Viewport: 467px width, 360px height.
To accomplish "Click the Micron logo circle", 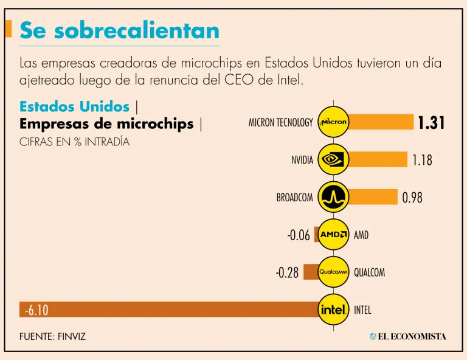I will tap(334, 122).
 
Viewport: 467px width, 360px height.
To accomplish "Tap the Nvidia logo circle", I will tap(334, 160).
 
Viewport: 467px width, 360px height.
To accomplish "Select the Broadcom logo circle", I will tap(334, 197).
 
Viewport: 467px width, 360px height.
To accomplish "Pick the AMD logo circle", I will tap(334, 235).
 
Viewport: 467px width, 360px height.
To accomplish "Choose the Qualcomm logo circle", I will tap(334, 272).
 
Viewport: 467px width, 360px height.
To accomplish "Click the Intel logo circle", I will tap(334, 310).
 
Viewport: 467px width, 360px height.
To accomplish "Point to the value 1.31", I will tap(431, 123).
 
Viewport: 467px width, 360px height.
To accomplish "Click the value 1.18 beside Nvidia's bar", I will tap(422, 161).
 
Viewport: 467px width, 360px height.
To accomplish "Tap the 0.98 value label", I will tap(412, 198).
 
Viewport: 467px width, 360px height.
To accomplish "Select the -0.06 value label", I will tap(299, 235).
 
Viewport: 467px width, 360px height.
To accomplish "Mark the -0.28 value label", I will tap(287, 272).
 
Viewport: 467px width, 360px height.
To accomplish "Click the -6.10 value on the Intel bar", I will tap(36, 310).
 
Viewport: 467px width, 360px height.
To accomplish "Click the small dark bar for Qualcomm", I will tap(311, 272).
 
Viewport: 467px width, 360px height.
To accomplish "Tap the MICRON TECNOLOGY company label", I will tap(280, 123).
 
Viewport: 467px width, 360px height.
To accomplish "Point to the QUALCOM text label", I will tap(369, 272).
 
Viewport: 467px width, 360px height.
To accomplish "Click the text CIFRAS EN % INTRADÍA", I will tap(74, 142).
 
